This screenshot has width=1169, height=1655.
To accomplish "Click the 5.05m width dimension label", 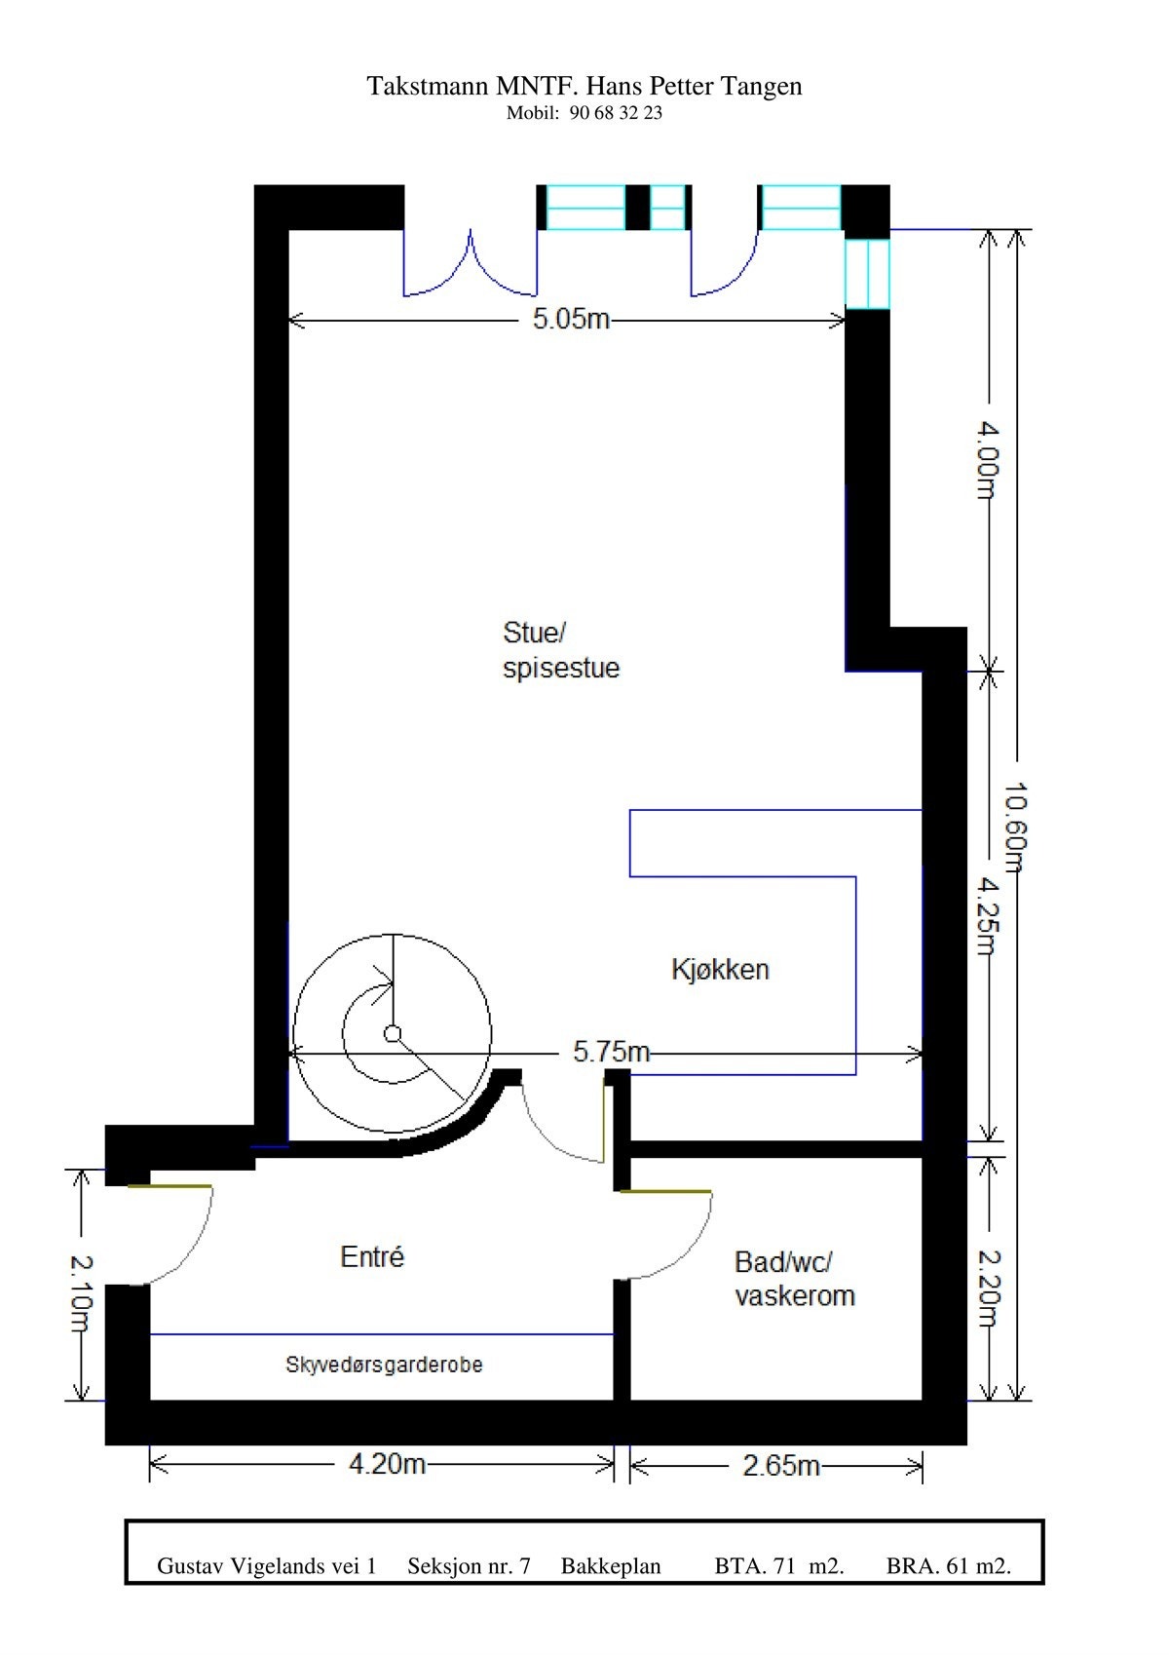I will click(571, 320).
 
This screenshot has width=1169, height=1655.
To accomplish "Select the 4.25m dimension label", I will click(989, 916).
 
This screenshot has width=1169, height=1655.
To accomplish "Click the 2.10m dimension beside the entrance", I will click(80, 1294).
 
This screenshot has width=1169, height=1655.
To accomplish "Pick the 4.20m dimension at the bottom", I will click(387, 1464).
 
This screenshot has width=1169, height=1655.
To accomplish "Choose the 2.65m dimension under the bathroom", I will click(780, 1465).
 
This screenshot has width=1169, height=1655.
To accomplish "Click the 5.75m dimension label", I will click(611, 1052).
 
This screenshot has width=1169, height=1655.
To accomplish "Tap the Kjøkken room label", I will click(720, 970).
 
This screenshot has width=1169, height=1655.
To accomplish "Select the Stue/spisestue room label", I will click(560, 650).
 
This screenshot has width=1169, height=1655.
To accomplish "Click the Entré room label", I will click(372, 1257).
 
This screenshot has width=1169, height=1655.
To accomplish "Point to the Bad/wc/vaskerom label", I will click(794, 1279).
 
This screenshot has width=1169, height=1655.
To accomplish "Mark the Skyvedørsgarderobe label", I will click(384, 1365).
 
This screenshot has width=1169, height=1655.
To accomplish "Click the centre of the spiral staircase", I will click(393, 1034).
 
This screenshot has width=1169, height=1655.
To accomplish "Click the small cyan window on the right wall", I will click(867, 274).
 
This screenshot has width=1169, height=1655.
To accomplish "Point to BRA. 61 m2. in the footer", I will click(948, 1566).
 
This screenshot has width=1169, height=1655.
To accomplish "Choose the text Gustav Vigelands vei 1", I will click(266, 1566).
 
